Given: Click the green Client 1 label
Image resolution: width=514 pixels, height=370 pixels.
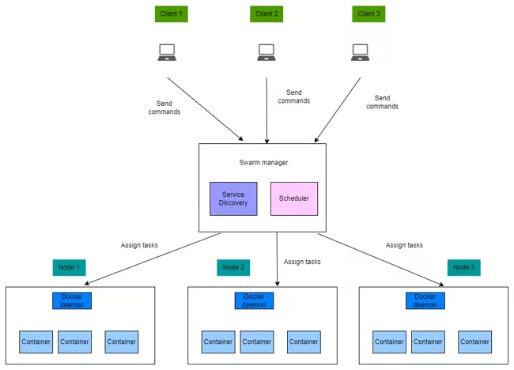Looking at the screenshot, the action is (x=171, y=13).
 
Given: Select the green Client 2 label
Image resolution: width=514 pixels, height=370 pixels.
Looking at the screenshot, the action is (x=266, y=13).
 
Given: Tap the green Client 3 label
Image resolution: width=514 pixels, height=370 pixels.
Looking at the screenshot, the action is (x=368, y=13).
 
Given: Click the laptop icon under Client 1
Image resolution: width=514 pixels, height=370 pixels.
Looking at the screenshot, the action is (x=167, y=52).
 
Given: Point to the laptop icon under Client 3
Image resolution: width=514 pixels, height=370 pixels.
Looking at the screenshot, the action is (x=361, y=52).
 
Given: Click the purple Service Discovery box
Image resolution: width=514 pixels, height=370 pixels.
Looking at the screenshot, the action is (x=233, y=198).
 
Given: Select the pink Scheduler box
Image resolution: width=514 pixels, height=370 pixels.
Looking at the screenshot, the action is (x=294, y=198).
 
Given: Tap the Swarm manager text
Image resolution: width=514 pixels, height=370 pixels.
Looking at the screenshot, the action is (x=263, y=163).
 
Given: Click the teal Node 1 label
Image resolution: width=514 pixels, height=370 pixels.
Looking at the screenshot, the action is (x=69, y=267).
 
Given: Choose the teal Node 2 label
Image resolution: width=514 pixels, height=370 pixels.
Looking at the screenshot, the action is (x=233, y=267).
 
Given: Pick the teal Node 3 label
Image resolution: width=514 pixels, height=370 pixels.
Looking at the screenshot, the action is (x=464, y=267).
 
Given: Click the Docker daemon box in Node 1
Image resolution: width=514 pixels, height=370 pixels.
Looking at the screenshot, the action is (x=72, y=300).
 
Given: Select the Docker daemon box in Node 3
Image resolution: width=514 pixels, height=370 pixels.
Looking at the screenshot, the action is (x=425, y=300).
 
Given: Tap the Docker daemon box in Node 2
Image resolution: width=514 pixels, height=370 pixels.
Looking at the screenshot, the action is (x=254, y=300).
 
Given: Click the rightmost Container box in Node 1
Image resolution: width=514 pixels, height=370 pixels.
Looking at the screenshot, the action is (x=122, y=342).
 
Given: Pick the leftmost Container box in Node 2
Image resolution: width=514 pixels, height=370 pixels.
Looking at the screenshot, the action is (x=218, y=342).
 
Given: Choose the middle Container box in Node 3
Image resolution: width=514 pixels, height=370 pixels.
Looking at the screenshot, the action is (x=428, y=342).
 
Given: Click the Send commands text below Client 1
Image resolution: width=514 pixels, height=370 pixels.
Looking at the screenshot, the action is (x=164, y=108).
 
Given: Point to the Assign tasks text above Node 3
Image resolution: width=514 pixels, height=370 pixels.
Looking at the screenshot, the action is (x=404, y=245).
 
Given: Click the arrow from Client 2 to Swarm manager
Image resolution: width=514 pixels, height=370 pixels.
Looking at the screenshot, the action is (x=266, y=111).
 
